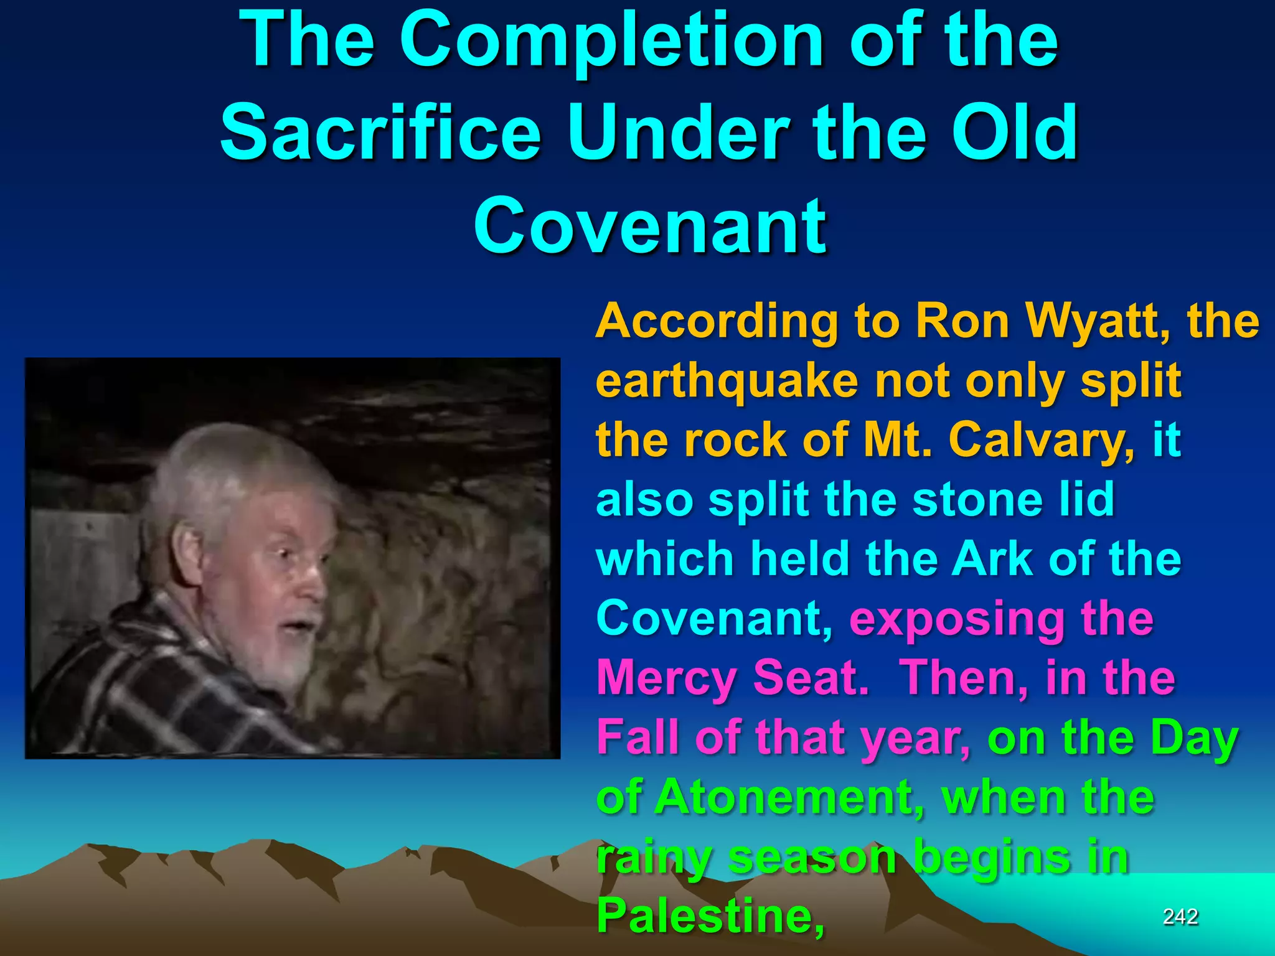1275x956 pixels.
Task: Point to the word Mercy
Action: pyautogui.click(x=667, y=678)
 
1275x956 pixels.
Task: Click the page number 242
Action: pyautogui.click(x=1180, y=916)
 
